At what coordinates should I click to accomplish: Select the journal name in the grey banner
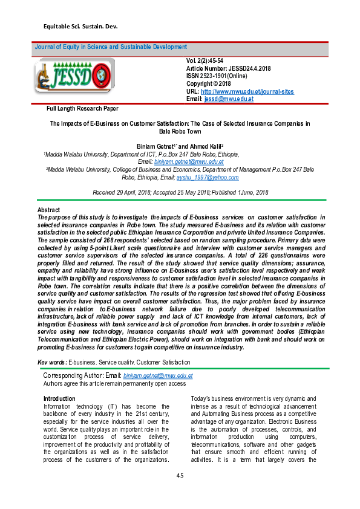tap(111, 47)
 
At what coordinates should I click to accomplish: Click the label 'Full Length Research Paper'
tap(82, 109)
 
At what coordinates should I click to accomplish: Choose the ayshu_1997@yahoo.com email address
tap(207, 177)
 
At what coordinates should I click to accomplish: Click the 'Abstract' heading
tap(48, 210)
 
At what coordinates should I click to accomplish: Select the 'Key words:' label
tap(51, 362)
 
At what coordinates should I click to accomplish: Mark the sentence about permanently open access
tap(115, 383)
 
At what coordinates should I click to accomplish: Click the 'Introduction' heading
tap(59, 398)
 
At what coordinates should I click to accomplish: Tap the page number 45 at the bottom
tap(180, 476)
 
